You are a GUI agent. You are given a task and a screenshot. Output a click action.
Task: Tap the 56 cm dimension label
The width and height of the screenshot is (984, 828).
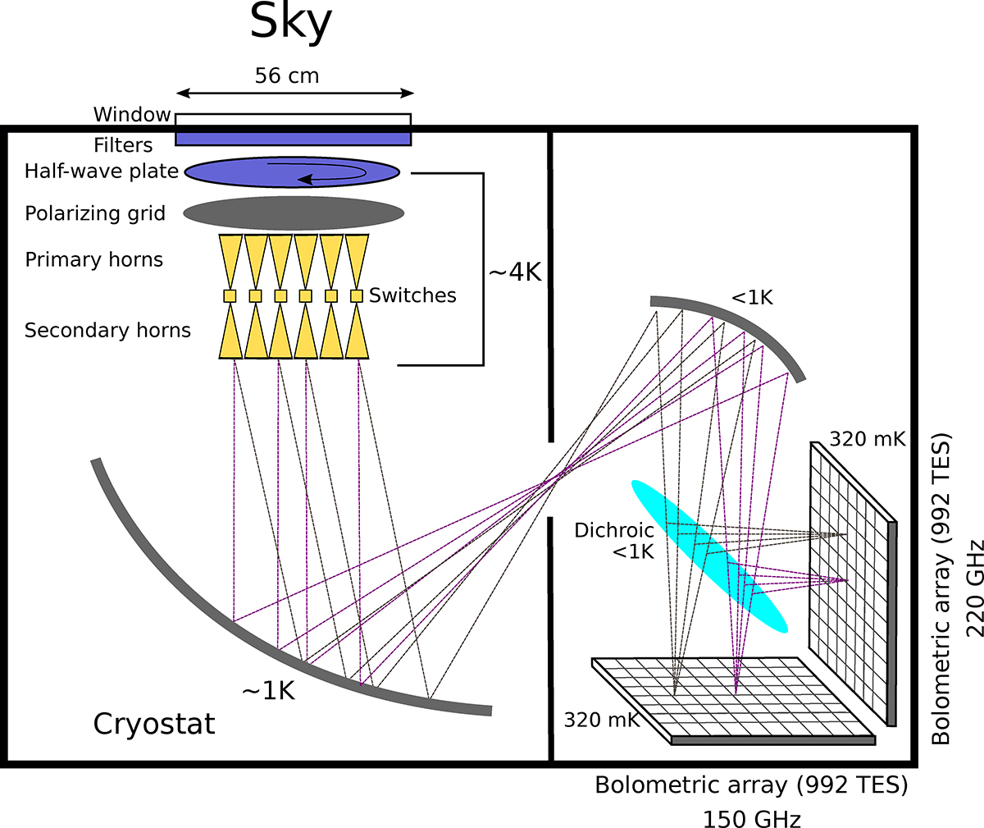(x=287, y=75)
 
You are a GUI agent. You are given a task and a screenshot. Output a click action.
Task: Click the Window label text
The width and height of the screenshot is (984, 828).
(x=132, y=114)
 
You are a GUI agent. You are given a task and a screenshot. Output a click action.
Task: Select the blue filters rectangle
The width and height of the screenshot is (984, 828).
(x=293, y=139)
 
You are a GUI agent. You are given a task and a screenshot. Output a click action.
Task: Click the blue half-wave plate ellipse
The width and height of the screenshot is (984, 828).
(x=292, y=172)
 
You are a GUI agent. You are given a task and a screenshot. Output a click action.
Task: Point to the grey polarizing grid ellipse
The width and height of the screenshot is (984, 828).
(x=294, y=213)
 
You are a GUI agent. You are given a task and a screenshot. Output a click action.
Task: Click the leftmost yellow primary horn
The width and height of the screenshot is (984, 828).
(x=230, y=261)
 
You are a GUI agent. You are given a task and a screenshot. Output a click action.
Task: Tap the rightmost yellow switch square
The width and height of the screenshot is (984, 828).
(x=357, y=296)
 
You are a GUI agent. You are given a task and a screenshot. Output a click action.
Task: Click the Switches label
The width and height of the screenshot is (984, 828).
(x=412, y=295)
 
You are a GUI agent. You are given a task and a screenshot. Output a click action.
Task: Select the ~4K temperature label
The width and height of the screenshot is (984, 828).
(x=515, y=272)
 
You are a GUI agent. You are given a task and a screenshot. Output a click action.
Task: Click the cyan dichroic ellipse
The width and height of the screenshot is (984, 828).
(x=709, y=556)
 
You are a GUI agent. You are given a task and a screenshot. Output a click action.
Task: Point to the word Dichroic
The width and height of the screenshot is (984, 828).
(x=614, y=530)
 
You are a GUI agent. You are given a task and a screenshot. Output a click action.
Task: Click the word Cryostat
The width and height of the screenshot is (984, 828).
(x=154, y=724)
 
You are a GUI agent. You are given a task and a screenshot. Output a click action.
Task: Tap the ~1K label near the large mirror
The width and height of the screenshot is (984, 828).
(x=268, y=691)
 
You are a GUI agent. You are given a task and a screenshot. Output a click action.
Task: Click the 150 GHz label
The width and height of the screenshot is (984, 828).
(x=752, y=818)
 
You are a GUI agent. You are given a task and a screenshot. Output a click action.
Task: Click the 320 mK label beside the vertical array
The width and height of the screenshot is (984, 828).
(x=867, y=439)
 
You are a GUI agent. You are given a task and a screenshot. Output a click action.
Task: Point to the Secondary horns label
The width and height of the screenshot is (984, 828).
(x=107, y=330)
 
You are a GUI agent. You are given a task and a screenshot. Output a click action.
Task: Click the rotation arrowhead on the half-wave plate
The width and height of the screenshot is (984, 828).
(x=305, y=179)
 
